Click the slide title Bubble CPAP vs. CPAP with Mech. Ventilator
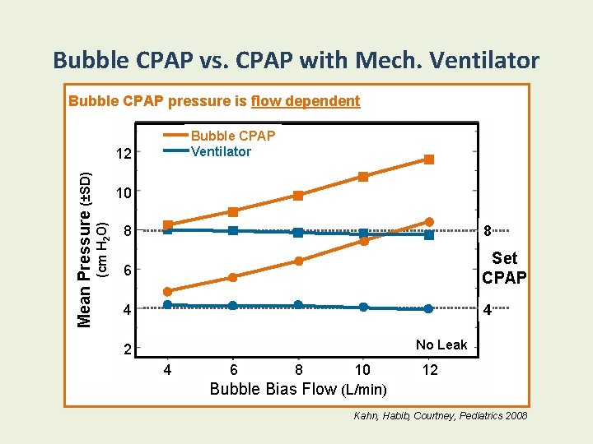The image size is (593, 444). (296, 60)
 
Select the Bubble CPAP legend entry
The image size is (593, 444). (232, 136)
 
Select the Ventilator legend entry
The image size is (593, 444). (221, 151)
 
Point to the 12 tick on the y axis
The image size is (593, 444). (124, 154)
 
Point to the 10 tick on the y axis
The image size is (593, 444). (124, 193)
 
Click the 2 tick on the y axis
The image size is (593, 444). (126, 350)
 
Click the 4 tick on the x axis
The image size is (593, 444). (167, 371)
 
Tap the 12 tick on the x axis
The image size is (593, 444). (430, 371)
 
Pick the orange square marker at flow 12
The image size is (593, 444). (429, 160)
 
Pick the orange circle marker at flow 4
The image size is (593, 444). (167, 291)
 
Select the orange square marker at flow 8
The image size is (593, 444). (298, 196)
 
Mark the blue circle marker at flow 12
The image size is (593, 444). (429, 309)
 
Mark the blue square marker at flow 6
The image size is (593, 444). (233, 231)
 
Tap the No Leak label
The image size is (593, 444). (441, 345)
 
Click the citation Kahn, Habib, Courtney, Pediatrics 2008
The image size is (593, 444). (441, 417)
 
